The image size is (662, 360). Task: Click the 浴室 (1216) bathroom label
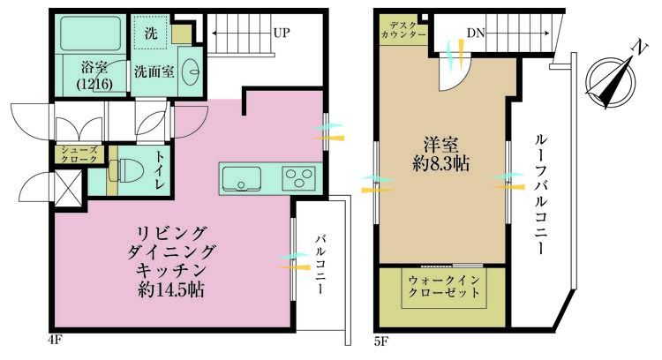click(94, 75)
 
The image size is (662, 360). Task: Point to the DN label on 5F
click(476, 34)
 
